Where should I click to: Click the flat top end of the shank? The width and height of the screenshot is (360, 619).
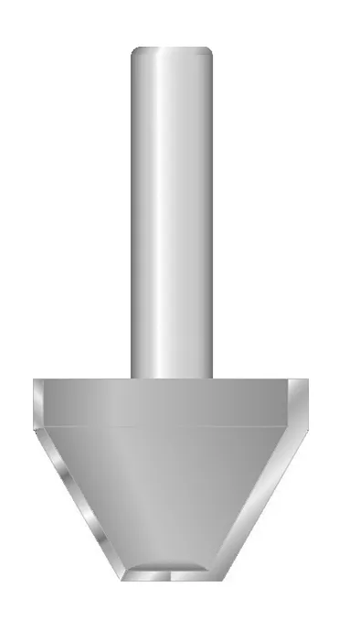[x=172, y=48]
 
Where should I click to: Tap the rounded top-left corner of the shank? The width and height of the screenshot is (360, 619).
[x=135, y=52]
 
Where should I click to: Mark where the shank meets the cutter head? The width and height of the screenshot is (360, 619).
[x=172, y=378]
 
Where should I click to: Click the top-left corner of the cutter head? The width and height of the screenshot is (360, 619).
[x=34, y=380]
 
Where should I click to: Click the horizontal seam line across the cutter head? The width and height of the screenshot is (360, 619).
[x=172, y=427]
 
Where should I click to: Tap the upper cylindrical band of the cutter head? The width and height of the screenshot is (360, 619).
[x=172, y=403]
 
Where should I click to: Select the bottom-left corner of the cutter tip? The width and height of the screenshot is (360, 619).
[x=125, y=579]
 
